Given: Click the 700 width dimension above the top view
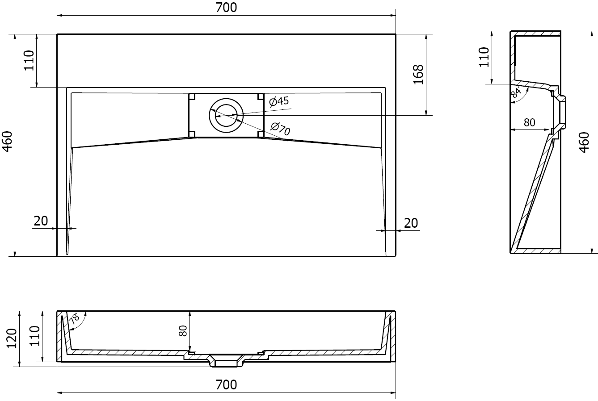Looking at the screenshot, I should (226, 8).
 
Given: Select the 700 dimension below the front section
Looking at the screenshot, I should (226, 384).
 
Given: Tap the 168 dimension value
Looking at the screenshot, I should (417, 74).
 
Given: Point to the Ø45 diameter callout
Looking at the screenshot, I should (279, 102).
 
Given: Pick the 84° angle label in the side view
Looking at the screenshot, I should (516, 92).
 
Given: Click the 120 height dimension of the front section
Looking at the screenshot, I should (12, 338).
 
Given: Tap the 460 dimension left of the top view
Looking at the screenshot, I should (8, 142).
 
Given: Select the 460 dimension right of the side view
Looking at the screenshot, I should (584, 142).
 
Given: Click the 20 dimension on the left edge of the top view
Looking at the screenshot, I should (41, 221).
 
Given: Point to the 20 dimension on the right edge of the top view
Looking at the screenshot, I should (411, 223).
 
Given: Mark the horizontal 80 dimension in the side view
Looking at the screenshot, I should (530, 122).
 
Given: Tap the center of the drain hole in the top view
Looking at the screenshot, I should (226, 115).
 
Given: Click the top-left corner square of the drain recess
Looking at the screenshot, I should (192, 96).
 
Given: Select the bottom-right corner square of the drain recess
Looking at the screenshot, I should (260, 134).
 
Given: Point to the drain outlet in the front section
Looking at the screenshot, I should (226, 361).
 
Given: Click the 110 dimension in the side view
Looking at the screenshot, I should (484, 57).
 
